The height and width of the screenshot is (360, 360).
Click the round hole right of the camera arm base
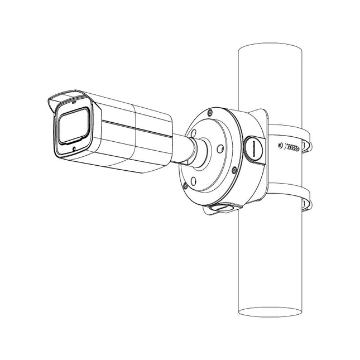coord(220,148)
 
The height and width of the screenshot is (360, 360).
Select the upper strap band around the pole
coord(290,132)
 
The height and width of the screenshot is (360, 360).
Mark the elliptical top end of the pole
coord(270,49)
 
